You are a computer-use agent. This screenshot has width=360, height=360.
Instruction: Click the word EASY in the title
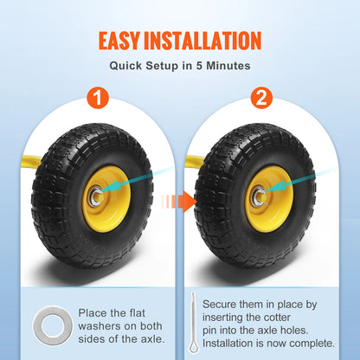(125, 40)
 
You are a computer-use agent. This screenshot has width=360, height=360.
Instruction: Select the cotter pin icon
(190, 323)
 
